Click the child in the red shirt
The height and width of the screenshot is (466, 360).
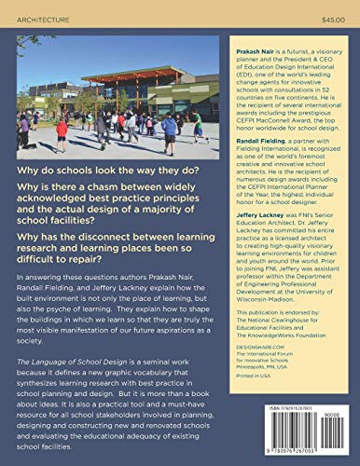point(62,129)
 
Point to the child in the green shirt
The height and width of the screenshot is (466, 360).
point(197,123)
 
